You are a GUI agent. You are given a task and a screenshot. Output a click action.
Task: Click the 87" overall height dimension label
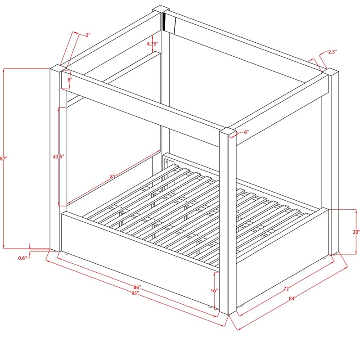pyautogui.click(x=3, y=158)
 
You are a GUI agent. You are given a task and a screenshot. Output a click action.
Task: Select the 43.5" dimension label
pyautogui.click(x=58, y=157)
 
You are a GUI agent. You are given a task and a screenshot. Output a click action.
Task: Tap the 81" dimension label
pyautogui.click(x=113, y=177)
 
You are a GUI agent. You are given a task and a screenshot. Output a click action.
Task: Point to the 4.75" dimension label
pyautogui.click(x=153, y=44)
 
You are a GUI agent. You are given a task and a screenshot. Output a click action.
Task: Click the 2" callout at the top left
pyautogui.click(x=88, y=35)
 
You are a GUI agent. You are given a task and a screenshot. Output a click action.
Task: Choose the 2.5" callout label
pyautogui.click(x=332, y=52)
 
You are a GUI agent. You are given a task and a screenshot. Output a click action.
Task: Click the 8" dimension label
pyautogui.click(x=70, y=80)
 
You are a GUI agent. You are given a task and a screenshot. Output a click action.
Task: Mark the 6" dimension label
pyautogui.click(x=246, y=132)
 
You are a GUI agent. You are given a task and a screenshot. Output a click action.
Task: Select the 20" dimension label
pyautogui.click(x=356, y=232)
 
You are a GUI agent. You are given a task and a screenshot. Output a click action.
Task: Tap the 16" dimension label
pyautogui.click(x=214, y=291)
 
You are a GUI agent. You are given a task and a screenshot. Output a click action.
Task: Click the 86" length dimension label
pyautogui.click(x=137, y=288)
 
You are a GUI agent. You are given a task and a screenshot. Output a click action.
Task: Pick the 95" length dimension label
pyautogui.click(x=135, y=293)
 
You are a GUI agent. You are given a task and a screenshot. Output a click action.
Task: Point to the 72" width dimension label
pyautogui.click(x=287, y=288)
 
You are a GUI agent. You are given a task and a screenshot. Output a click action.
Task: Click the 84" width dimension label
pyautogui.click(x=292, y=298)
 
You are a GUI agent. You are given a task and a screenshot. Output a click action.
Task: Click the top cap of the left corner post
pyautogui.click(x=58, y=68)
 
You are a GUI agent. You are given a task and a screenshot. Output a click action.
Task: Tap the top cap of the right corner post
pyautogui.click(x=330, y=71)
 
